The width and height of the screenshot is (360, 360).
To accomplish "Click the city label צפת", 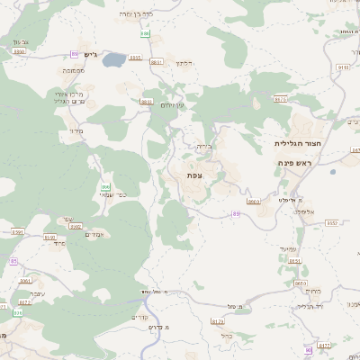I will coord(193,174).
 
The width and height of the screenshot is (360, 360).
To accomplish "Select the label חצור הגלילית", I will coord(297,143).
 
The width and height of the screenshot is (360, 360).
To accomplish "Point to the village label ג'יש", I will coord(89,54).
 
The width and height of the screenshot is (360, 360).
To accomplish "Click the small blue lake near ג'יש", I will coord(115,61).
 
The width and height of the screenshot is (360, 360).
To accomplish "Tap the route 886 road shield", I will coord(144,33).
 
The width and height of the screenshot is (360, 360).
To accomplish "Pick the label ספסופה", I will coord(74,70).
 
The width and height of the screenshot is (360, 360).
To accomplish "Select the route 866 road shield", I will coord(104,186).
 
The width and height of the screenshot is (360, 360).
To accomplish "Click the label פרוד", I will coord(58,243).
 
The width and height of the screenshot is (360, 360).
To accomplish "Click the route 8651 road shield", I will coord(295,261).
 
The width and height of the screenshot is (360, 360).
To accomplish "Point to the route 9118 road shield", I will coord(343,67).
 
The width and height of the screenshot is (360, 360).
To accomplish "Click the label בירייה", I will coord(202,145).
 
